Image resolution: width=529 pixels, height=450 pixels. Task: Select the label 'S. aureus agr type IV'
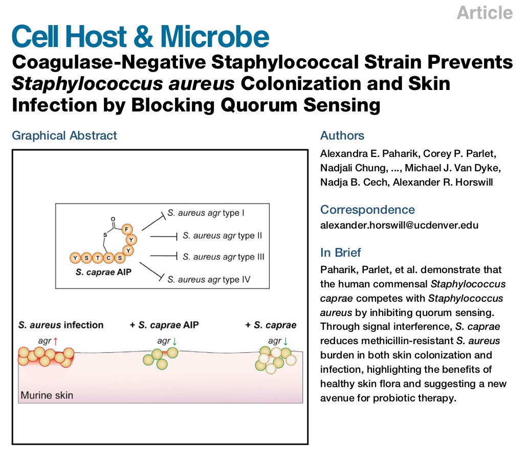point(209,279)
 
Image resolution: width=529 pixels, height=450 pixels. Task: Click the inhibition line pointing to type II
point(163,236)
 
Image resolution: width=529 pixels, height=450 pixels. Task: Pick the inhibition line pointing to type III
point(163,256)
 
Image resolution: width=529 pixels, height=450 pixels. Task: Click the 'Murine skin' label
point(47,395)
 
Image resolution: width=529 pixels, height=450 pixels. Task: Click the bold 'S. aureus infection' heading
point(61,325)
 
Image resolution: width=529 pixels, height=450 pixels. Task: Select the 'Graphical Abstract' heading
point(64,136)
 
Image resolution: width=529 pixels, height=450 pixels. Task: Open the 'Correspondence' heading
point(367,209)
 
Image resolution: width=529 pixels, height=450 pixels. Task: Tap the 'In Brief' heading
point(340,252)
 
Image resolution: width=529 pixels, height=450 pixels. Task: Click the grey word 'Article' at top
point(484,13)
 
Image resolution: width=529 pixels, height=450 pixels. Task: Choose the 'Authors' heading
point(342,136)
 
